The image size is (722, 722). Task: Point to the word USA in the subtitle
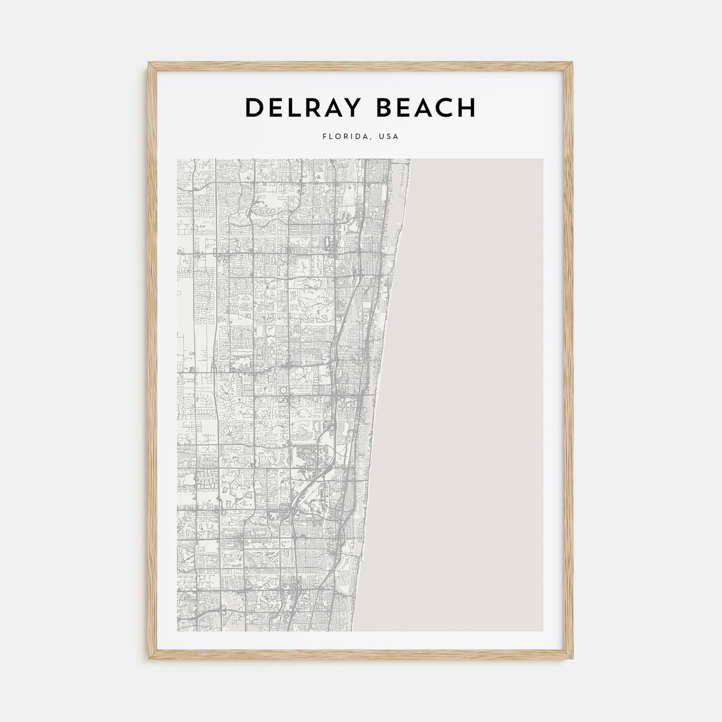click(388, 137)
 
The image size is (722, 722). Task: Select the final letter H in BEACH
click(467, 108)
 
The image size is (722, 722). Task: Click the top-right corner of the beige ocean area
click(543, 159)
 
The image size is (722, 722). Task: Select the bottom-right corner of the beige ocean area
click(543, 631)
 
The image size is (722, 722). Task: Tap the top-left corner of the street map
click(177, 159)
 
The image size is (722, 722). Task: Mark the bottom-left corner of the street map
click(177, 631)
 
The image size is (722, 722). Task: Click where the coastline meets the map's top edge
click(411, 159)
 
